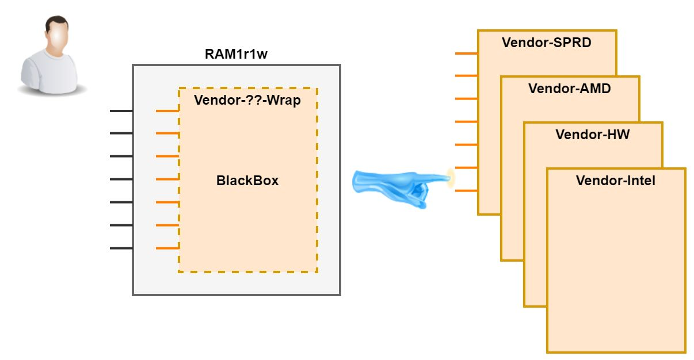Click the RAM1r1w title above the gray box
coord(236,55)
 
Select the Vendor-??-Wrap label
coord(247,100)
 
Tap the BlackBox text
coord(247,181)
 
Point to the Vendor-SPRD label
coord(546,43)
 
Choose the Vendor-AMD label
coord(569,89)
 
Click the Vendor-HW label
coord(592,135)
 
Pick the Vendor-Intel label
coord(615,181)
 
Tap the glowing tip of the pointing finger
coord(450,178)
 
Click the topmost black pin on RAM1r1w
coord(121,110)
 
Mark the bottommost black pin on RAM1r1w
coord(121,248)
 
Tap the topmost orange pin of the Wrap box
coord(167,110)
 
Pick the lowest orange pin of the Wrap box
coord(167,248)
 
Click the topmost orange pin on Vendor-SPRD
coord(466,53)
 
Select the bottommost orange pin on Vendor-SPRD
coord(466,191)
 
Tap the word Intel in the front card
coord(640,181)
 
